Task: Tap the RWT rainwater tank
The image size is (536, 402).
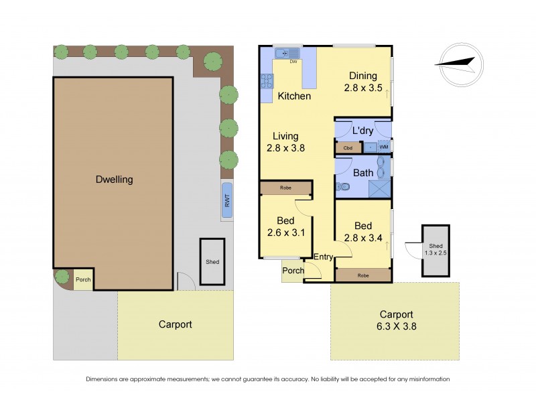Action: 227,200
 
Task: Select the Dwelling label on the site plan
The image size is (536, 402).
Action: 113,180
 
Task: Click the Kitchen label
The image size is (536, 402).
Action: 294,96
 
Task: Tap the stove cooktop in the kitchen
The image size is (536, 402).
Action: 266,81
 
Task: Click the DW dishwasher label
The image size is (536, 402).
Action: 293,62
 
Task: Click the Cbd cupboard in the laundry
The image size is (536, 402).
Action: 348,147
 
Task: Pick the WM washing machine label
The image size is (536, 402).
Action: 383,147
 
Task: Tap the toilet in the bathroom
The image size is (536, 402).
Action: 344,187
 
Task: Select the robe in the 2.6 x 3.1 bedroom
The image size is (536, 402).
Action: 285,188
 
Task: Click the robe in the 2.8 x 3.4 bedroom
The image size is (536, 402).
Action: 362,275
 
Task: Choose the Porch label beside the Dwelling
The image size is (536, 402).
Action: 82,280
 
